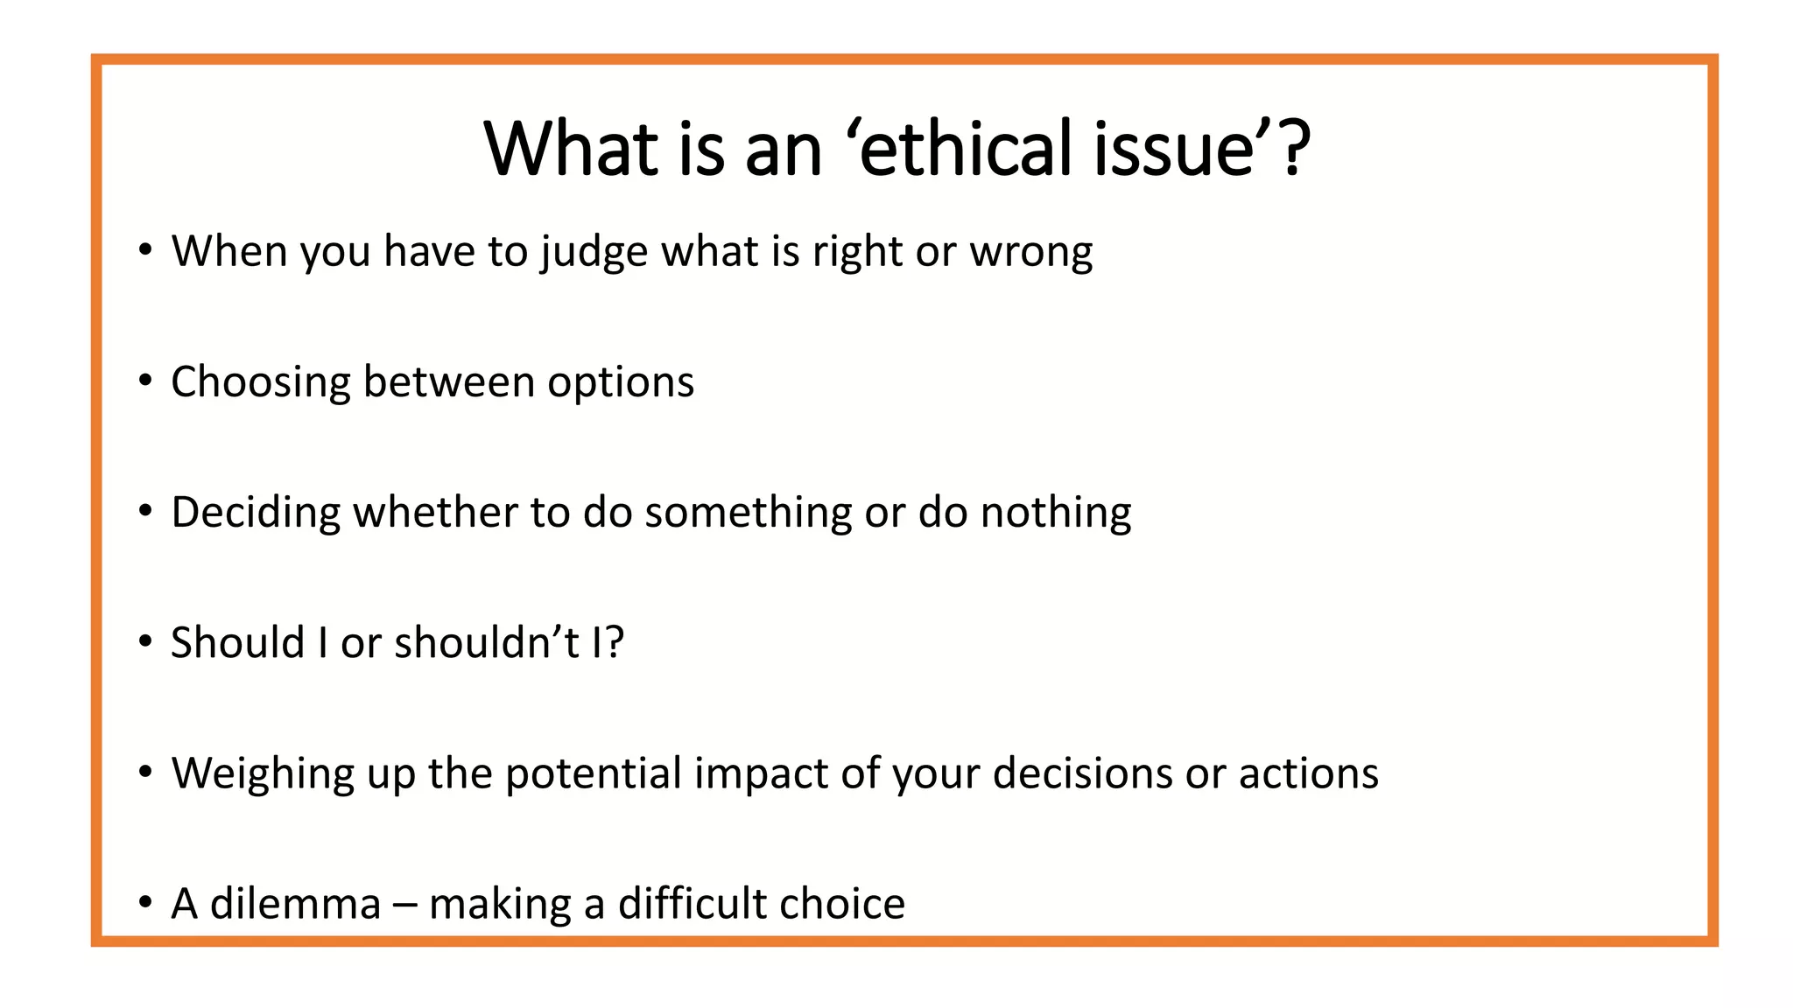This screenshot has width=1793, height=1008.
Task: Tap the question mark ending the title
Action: [x=1293, y=149]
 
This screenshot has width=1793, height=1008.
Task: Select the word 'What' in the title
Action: [x=570, y=149]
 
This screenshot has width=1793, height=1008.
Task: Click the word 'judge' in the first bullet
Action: [x=594, y=253]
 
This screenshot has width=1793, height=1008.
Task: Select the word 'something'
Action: [x=748, y=514]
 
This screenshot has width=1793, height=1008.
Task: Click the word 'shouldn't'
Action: [x=486, y=643]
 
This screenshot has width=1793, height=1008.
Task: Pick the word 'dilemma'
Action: [x=295, y=904]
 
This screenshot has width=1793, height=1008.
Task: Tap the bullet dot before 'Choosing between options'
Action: [x=145, y=381]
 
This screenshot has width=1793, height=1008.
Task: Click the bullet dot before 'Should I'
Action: [x=145, y=642]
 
